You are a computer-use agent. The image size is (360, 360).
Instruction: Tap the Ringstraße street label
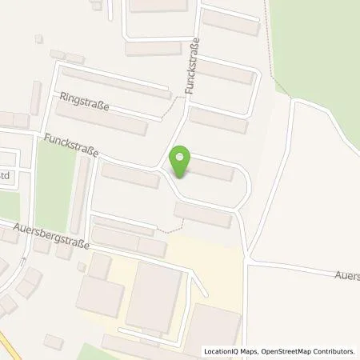(x=84, y=102)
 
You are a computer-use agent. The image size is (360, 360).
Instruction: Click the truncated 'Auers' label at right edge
(x=346, y=274)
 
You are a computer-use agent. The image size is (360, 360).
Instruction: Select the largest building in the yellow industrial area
(x=154, y=295)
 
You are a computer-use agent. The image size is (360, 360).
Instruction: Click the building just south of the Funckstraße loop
(x=202, y=214)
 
